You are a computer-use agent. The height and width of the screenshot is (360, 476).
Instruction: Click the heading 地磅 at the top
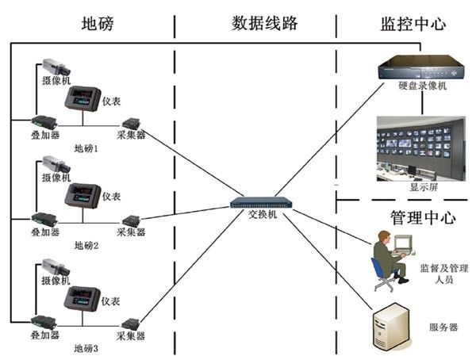(x=98, y=23)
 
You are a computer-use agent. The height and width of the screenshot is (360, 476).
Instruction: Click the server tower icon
(x=392, y=325)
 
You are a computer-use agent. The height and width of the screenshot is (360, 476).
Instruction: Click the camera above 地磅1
(x=56, y=67)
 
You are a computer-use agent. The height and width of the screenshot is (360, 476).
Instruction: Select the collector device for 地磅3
(x=131, y=323)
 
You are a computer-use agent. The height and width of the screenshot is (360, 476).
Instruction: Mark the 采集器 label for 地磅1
(x=131, y=136)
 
